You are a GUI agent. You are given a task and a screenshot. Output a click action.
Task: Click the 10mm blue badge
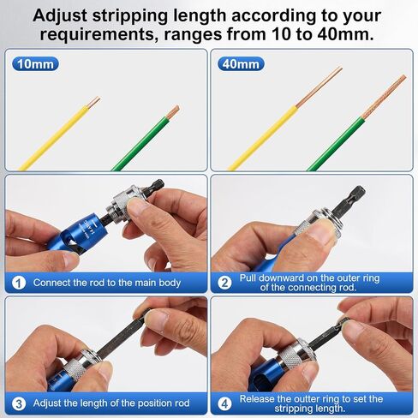click(35, 64)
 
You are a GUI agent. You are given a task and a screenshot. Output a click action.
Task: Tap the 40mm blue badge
click(241, 64)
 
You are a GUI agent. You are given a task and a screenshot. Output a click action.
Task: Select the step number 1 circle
click(19, 283)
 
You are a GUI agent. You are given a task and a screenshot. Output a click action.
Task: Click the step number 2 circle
click(224, 283)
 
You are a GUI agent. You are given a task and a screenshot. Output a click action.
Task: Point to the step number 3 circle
click(19, 404)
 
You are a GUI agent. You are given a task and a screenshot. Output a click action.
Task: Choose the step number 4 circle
click(224, 404)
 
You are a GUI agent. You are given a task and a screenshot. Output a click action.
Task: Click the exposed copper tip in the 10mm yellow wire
click(93, 103)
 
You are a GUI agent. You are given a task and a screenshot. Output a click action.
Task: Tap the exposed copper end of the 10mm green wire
click(173, 112)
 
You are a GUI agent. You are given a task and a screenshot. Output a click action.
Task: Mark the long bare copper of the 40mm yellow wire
click(319, 87)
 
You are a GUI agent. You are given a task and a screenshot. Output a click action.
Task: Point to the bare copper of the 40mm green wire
click(384, 97)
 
